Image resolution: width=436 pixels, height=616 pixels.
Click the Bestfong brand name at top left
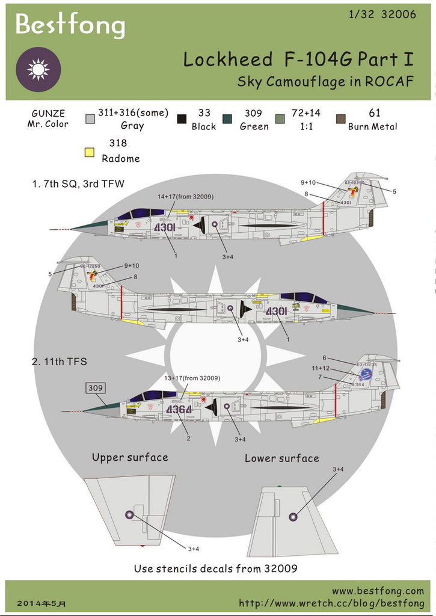click(70, 25)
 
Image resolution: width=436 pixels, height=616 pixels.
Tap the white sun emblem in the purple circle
click(38, 69)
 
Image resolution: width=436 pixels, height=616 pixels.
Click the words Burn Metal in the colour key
click(373, 126)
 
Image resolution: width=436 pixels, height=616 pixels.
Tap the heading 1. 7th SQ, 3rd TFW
click(78, 183)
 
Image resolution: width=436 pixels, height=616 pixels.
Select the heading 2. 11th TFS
click(59, 362)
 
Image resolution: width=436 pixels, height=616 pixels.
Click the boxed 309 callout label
click(96, 388)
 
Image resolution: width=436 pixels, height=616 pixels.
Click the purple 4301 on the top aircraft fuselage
click(164, 228)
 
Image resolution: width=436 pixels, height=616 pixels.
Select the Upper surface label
click(130, 457)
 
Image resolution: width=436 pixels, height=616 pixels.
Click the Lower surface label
click(281, 458)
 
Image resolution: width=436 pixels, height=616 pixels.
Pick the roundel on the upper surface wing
click(129, 514)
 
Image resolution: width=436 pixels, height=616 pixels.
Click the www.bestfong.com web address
click(378, 591)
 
